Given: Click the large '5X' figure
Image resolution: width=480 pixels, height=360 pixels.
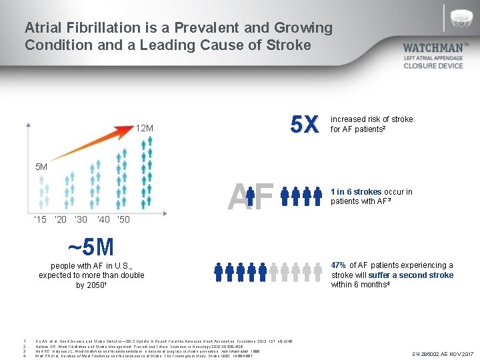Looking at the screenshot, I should (305, 124).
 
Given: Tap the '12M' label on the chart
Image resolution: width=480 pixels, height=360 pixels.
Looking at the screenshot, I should (145, 128).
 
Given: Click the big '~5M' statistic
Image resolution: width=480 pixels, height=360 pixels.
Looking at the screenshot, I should (91, 247).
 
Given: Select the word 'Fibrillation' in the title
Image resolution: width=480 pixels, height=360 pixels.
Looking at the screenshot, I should (102, 28).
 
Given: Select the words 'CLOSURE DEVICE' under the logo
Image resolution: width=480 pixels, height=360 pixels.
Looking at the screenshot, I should (433, 66).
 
